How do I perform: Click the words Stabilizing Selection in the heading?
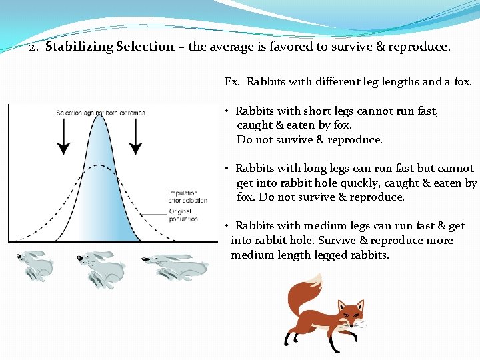pyautogui.click(x=110, y=47)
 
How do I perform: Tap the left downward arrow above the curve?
pyautogui.click(x=63, y=137)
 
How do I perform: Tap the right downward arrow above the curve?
pyautogui.click(x=136, y=137)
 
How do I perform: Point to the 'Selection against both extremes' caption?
pyautogui.click(x=100, y=113)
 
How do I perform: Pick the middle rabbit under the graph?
pyautogui.click(x=101, y=267)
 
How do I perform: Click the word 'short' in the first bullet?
pyautogui.click(x=319, y=111)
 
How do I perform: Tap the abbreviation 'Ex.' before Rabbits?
pyautogui.click(x=232, y=82)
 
